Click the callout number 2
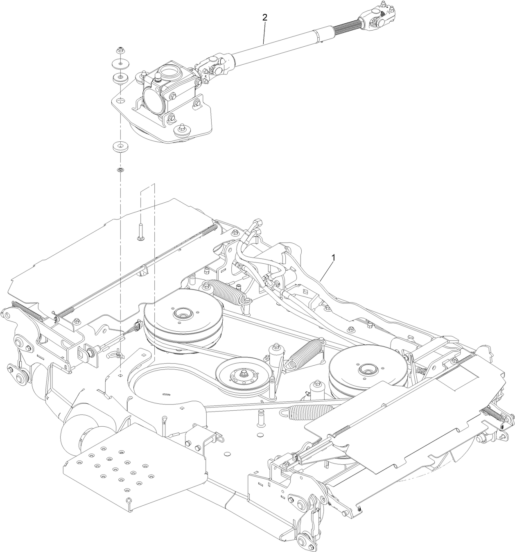pos(265,17)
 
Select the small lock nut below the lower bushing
pos(120,169)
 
